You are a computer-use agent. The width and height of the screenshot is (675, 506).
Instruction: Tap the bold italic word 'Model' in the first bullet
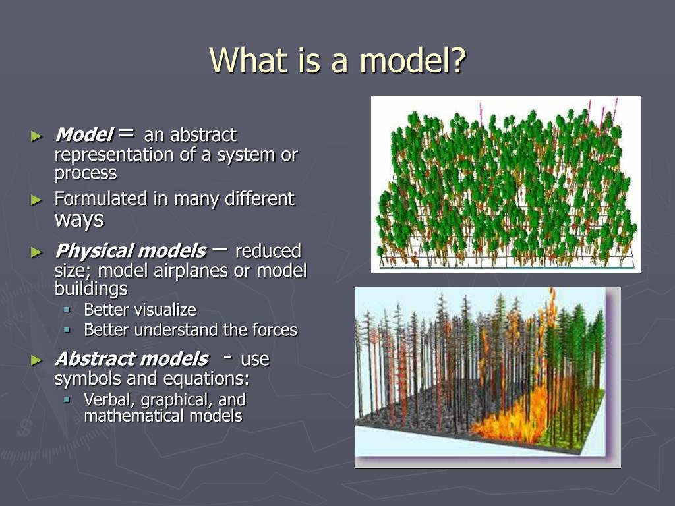click(84, 134)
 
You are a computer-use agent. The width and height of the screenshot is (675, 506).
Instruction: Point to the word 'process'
click(86, 173)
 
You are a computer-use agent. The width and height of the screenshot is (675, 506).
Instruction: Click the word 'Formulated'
click(101, 199)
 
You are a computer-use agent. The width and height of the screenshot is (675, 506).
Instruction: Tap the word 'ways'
click(79, 220)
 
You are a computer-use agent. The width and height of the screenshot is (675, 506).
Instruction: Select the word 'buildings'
click(91, 289)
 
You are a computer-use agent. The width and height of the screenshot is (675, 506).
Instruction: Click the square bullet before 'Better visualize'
click(67, 310)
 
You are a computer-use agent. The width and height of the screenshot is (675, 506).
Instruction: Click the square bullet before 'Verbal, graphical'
click(67, 399)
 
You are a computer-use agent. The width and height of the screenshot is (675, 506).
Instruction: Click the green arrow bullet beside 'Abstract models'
click(37, 360)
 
